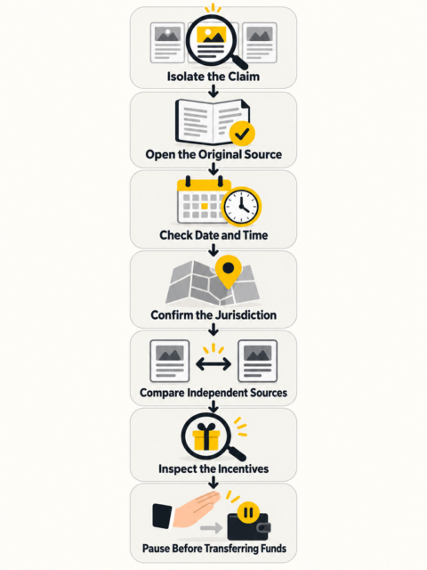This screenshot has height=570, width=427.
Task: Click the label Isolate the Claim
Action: [x=213, y=77]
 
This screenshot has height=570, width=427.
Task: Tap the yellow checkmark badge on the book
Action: [x=242, y=134]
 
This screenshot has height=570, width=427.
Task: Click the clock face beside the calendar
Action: [x=241, y=206]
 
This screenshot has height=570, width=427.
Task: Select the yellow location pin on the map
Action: [x=229, y=272]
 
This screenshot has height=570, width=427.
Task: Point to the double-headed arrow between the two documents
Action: [x=213, y=363]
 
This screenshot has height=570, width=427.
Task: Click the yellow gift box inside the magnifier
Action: [x=205, y=437]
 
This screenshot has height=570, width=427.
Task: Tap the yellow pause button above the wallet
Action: [x=248, y=513]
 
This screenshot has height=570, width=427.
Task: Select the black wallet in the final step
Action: [x=249, y=526]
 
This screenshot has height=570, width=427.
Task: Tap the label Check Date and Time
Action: [x=213, y=235]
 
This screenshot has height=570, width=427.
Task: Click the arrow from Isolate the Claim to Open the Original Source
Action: [x=213, y=91]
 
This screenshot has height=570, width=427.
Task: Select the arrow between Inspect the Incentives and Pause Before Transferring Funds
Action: [x=213, y=483]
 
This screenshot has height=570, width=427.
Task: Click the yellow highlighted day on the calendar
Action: [x=205, y=206]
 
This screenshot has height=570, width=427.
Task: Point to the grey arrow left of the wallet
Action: [x=211, y=528]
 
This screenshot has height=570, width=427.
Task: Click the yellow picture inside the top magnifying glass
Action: [x=212, y=35]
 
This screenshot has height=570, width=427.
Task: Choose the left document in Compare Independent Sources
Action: [x=170, y=361]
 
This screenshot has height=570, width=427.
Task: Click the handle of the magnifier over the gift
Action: [x=238, y=454]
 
